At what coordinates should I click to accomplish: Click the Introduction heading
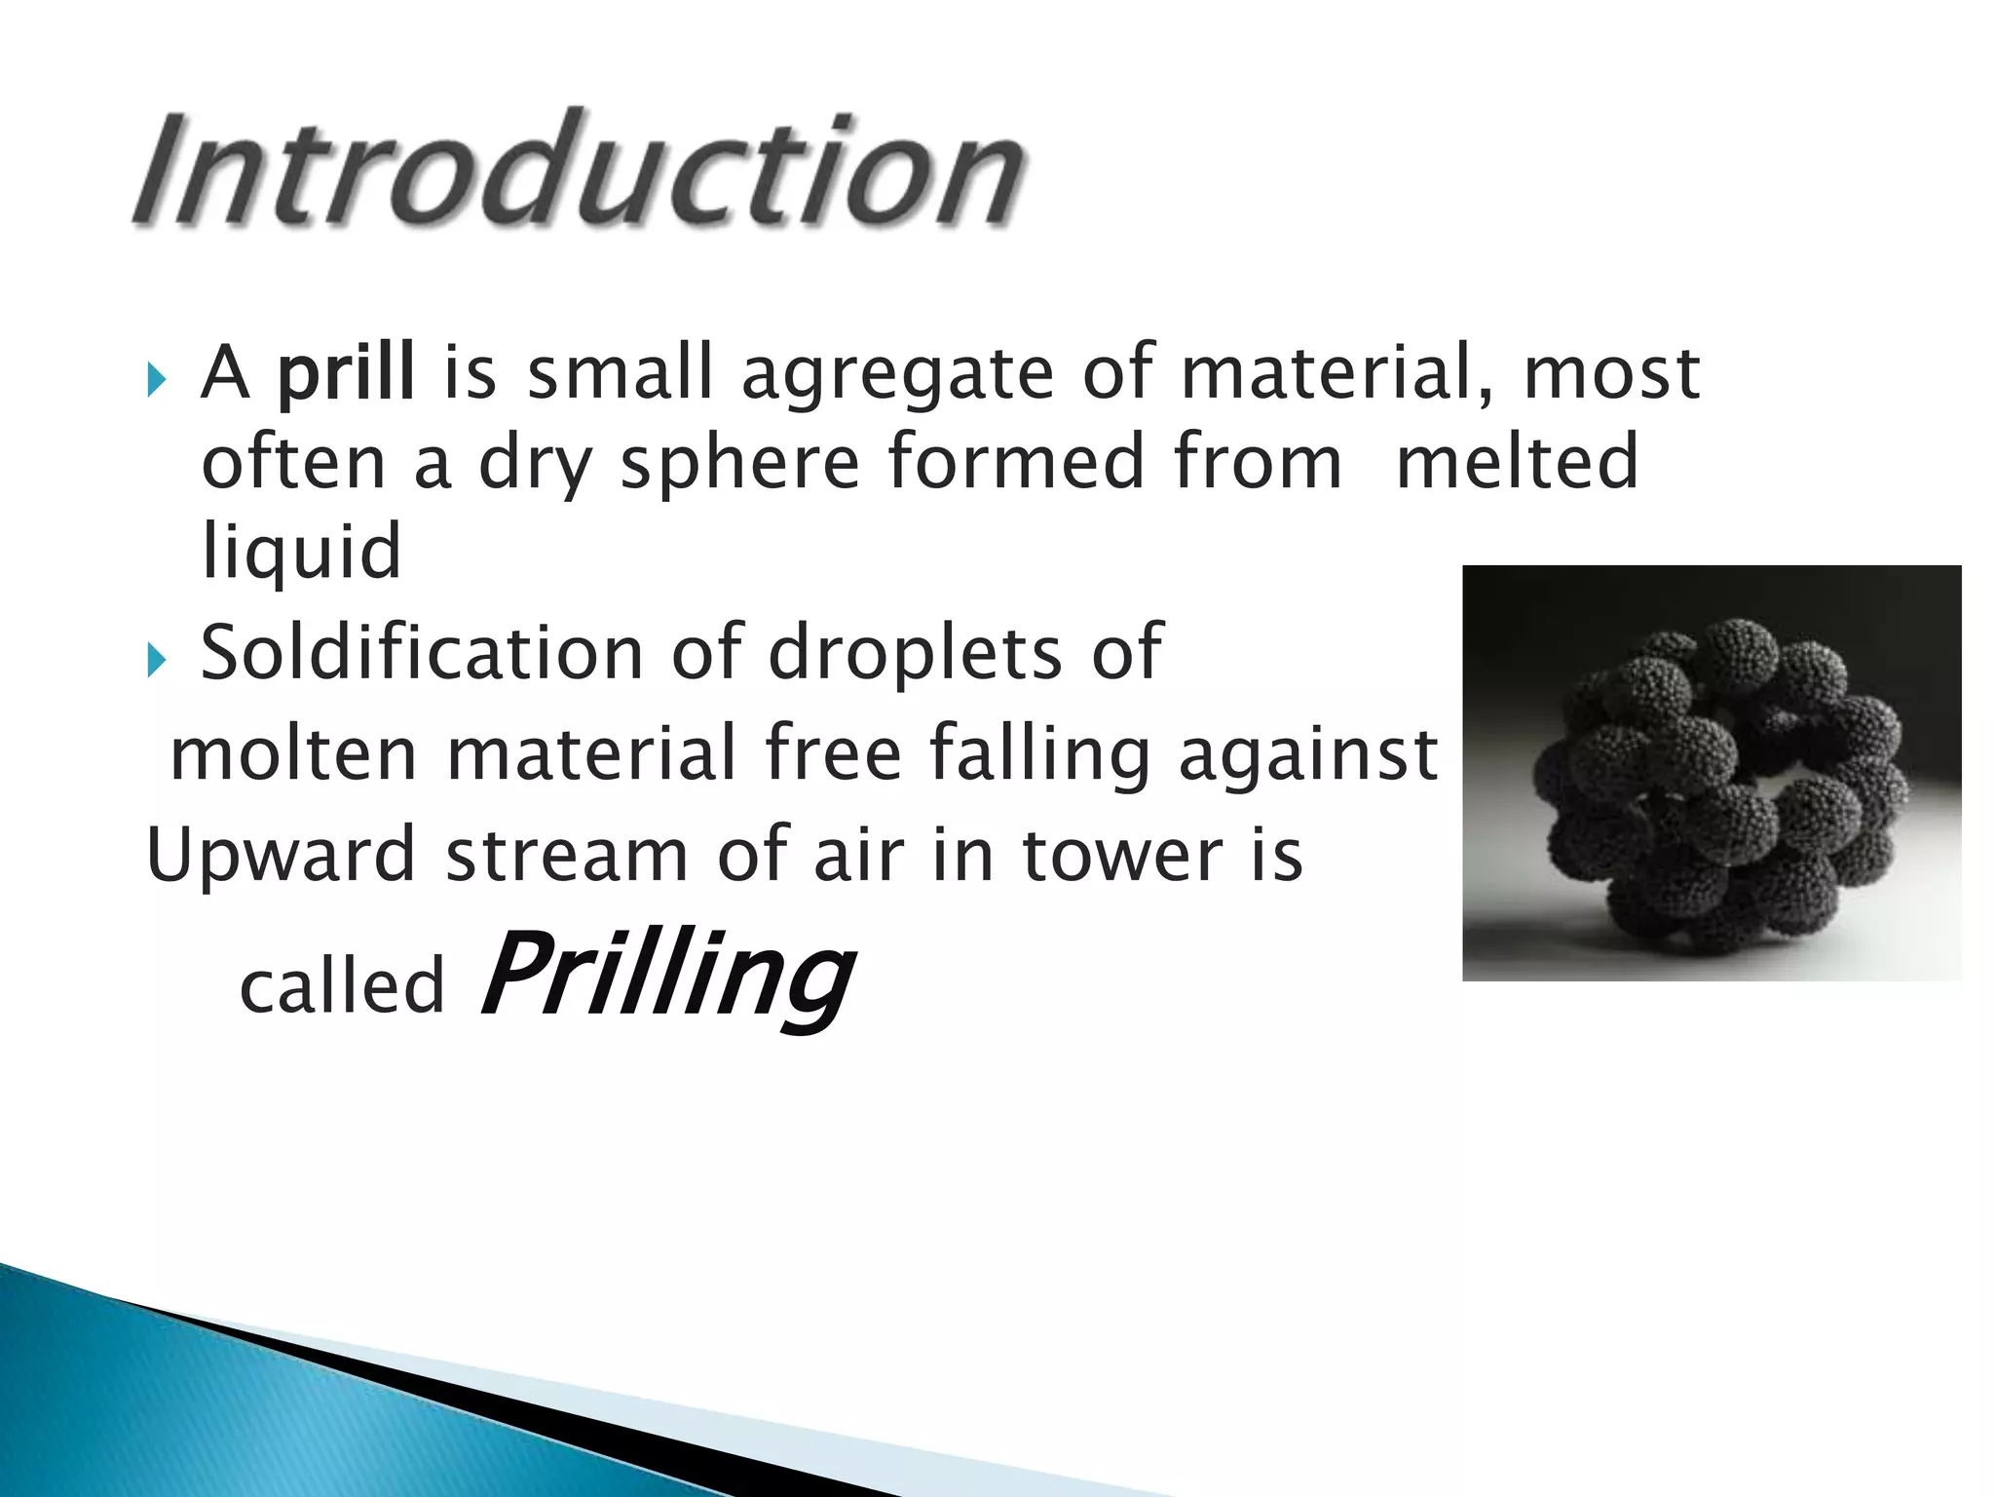(x=580, y=171)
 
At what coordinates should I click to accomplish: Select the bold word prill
(x=346, y=372)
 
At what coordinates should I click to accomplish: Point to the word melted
(x=1517, y=462)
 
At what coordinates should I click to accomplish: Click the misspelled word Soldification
(x=422, y=652)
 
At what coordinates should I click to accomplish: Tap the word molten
(x=293, y=753)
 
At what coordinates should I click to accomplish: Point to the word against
(x=1308, y=754)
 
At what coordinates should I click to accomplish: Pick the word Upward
(x=282, y=855)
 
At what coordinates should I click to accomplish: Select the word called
(x=342, y=986)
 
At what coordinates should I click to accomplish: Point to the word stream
(x=566, y=855)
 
